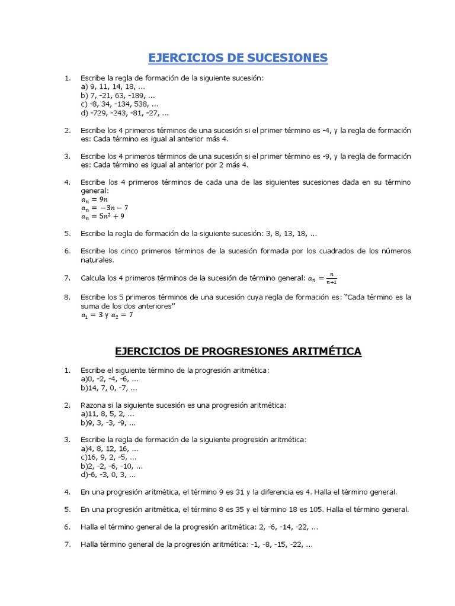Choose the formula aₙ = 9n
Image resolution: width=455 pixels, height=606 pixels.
pos(94,199)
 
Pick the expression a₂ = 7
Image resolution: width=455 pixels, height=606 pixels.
pos(122,316)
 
